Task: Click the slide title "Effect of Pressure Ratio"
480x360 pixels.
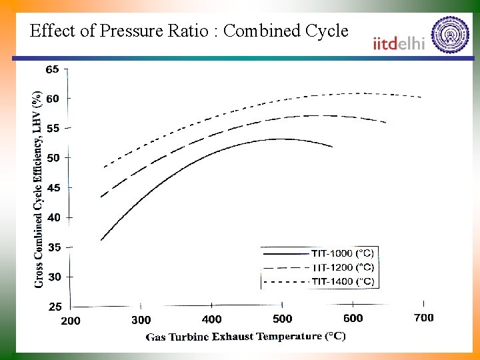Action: pos(189,31)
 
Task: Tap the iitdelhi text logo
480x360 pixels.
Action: pos(399,43)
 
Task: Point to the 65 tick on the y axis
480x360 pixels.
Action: pos(52,69)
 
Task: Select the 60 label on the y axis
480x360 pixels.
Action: pos(52,99)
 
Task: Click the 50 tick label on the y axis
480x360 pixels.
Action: pos(52,158)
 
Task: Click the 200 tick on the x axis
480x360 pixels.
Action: pos(71,321)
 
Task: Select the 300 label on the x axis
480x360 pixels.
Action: pos(141,320)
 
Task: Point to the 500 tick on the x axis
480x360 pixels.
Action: pos(283,319)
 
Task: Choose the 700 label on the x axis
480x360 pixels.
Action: pos(424,317)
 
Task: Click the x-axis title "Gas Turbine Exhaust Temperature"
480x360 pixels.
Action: pos(245,337)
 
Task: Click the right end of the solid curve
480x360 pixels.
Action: pos(332,146)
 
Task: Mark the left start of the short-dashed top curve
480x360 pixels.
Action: pos(104,167)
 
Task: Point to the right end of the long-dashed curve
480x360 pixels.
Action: pos(386,123)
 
